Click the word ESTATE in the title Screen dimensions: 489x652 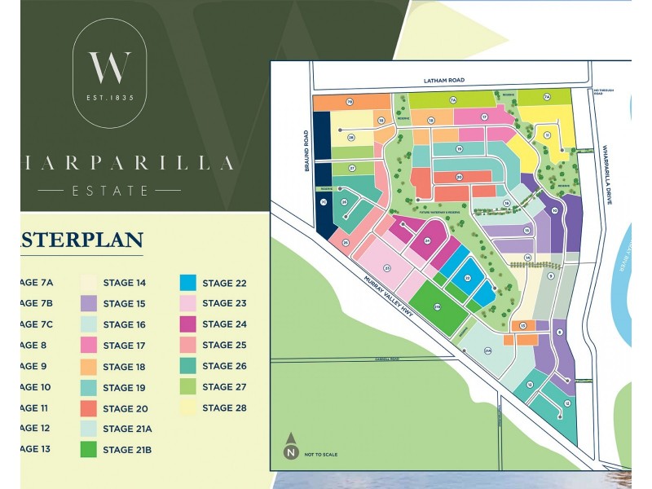(109, 191)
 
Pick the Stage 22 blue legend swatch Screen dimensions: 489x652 (187, 284)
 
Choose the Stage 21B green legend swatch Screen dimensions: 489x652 (90, 449)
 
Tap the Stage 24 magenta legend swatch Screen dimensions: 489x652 (187, 324)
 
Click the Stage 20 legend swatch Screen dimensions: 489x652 (90, 407)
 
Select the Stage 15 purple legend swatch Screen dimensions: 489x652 (90, 304)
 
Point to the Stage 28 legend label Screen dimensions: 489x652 (224, 407)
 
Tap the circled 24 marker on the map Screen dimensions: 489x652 (427, 241)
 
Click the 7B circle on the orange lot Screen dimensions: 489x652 (349, 102)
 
